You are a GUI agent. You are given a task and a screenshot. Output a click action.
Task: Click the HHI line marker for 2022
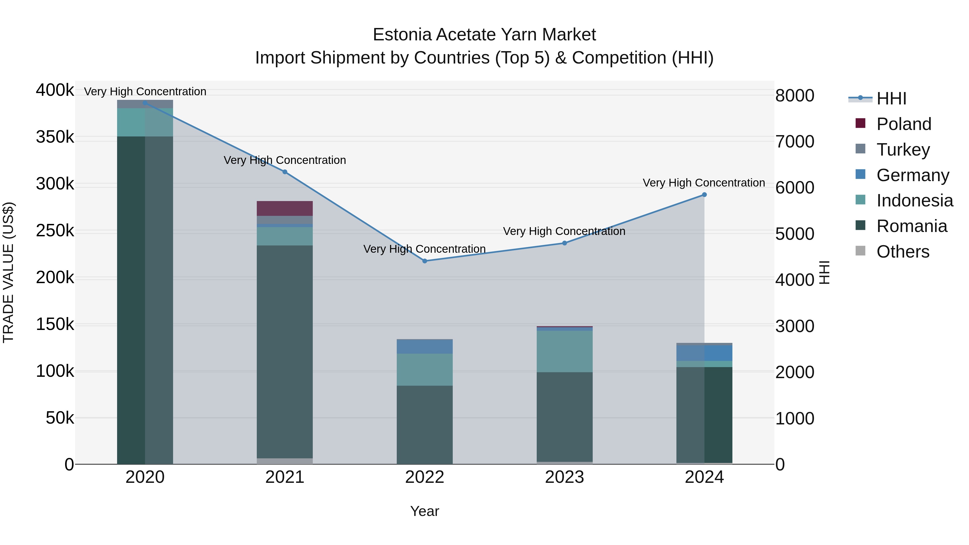pyautogui.click(x=425, y=261)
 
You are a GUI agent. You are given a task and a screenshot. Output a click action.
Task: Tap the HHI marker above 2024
pyautogui.click(x=704, y=195)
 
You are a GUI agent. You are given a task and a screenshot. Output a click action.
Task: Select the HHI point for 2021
pyautogui.click(x=285, y=172)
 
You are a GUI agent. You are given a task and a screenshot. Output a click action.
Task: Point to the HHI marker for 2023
pyautogui.click(x=564, y=243)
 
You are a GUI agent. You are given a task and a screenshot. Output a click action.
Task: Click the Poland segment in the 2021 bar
pyautogui.click(x=285, y=208)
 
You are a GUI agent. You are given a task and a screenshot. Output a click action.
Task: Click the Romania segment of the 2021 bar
pyautogui.click(x=285, y=352)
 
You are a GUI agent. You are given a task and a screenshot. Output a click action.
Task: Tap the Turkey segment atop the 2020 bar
pyautogui.click(x=145, y=104)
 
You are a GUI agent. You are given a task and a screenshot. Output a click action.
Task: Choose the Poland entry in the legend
pyautogui.click(x=904, y=124)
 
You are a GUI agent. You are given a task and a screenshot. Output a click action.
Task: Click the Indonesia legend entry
pyautogui.click(x=914, y=201)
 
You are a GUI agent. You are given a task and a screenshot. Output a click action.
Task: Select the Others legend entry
pyautogui.click(x=903, y=252)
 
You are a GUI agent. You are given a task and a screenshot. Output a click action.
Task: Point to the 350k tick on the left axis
pyautogui.click(x=55, y=137)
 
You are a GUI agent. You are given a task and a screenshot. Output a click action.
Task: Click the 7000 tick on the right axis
pyautogui.click(x=795, y=142)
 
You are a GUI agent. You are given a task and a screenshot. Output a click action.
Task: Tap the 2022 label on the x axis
pyautogui.click(x=425, y=477)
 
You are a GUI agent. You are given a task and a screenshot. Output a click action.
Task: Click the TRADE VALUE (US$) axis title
pyautogui.click(x=9, y=272)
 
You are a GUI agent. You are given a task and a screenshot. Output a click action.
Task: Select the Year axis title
pyautogui.click(x=425, y=511)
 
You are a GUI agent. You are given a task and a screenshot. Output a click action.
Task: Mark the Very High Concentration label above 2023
pyautogui.click(x=564, y=231)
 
